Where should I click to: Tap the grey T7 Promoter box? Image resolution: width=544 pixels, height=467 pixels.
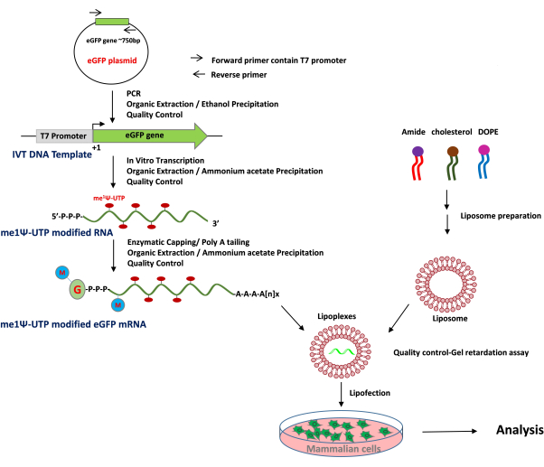click(63, 136)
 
